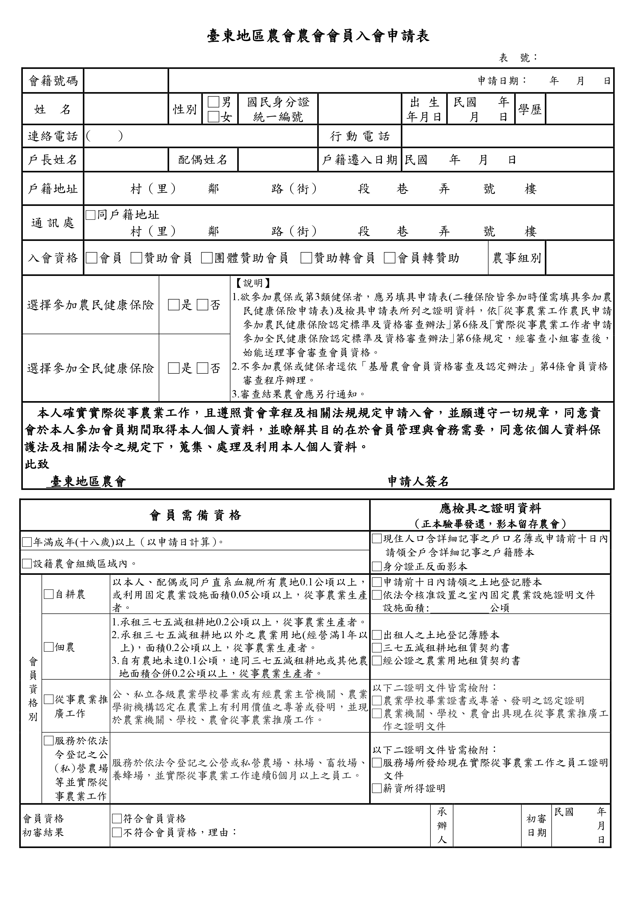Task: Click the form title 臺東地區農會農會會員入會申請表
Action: [318, 36]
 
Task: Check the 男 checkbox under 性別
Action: [214, 103]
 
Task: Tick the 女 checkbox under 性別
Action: [214, 117]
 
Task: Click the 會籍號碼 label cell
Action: [53, 81]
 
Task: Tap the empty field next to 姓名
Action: [126, 109]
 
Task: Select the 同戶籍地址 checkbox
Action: [90, 215]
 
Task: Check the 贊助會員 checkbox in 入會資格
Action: [136, 258]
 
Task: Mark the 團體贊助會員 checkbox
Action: [207, 258]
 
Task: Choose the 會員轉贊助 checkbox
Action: [389, 258]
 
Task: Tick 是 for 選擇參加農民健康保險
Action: [173, 305]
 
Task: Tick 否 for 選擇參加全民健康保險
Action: [203, 368]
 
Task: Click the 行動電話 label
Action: [360, 136]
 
